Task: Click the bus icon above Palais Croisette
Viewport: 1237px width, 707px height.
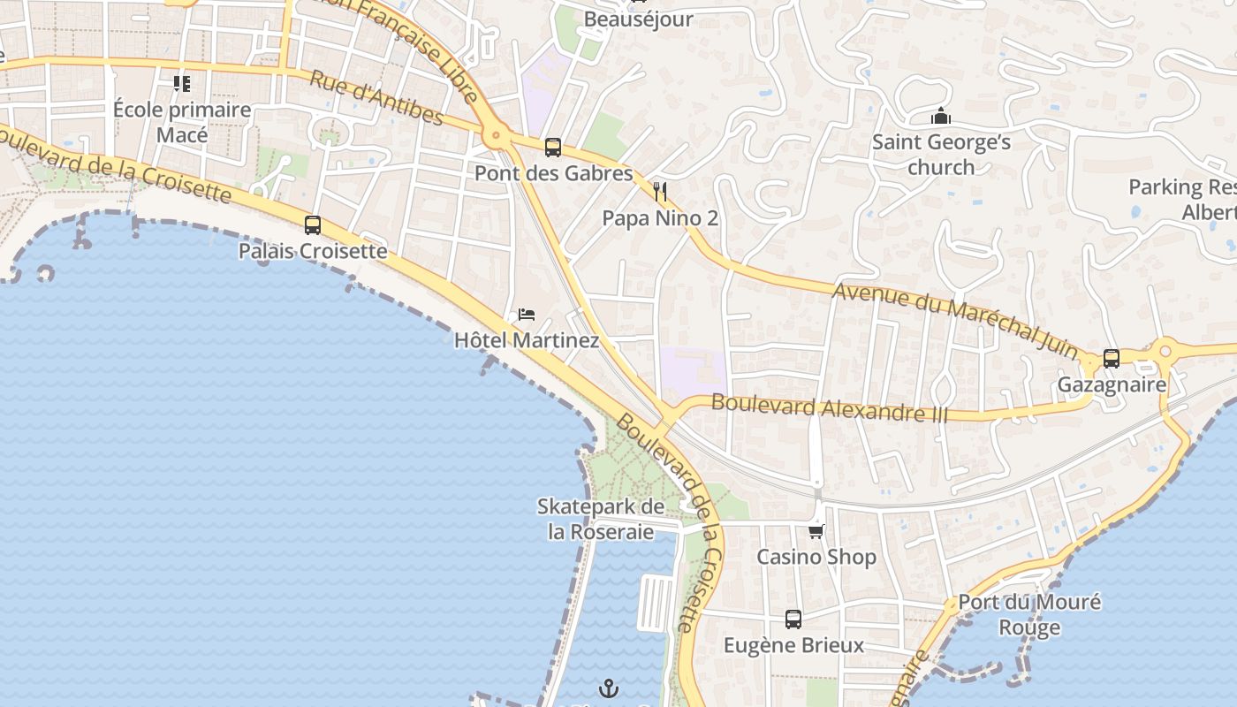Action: pyautogui.click(x=313, y=225)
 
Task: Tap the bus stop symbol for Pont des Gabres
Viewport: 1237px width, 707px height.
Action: pyautogui.click(x=553, y=148)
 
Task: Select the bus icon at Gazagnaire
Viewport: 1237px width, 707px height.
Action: pyautogui.click(x=1112, y=359)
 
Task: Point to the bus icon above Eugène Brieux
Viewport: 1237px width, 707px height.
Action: pyautogui.click(x=793, y=620)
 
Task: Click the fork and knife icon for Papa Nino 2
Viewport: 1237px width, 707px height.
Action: pyautogui.click(x=659, y=192)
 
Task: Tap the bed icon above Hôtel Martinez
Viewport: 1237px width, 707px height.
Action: pyautogui.click(x=527, y=315)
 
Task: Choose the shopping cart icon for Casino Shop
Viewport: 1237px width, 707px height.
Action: pyautogui.click(x=816, y=531)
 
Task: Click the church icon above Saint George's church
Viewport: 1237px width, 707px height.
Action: pyautogui.click(x=941, y=117)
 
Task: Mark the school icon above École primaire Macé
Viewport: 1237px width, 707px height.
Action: pyautogui.click(x=182, y=84)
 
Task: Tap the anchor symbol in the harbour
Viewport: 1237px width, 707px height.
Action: pyautogui.click(x=608, y=688)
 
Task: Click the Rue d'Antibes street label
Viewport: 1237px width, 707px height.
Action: pyautogui.click(x=376, y=97)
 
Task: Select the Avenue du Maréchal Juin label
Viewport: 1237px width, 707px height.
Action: pyautogui.click(x=957, y=322)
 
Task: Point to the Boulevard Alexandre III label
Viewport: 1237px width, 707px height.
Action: pyautogui.click(x=829, y=407)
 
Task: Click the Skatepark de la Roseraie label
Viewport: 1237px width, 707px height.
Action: pyautogui.click(x=601, y=520)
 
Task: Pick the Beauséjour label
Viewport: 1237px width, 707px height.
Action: pyautogui.click(x=639, y=19)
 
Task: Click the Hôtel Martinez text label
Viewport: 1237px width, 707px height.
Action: pyautogui.click(x=527, y=340)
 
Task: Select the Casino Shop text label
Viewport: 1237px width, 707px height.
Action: pyautogui.click(x=816, y=557)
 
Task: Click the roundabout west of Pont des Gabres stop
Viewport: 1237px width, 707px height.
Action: pyautogui.click(x=495, y=136)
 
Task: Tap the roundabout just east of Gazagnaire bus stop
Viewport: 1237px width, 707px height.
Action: pyautogui.click(x=1164, y=351)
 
